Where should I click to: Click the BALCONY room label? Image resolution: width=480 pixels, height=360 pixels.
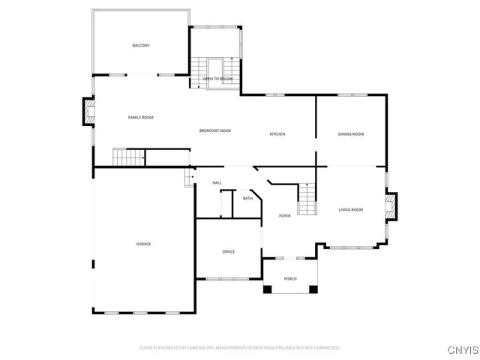point(141,46)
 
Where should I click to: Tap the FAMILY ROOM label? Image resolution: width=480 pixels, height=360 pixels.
point(140,118)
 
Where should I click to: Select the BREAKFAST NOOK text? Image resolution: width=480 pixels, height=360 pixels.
point(215,130)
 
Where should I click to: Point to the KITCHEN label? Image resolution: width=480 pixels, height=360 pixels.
point(277,134)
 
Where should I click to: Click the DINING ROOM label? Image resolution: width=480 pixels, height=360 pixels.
point(350,134)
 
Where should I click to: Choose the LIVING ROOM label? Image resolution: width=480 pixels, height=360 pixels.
point(350,210)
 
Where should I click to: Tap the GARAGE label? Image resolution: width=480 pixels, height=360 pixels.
point(143,244)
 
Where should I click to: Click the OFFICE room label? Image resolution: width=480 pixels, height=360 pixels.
point(228,252)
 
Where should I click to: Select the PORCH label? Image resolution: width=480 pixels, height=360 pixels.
point(290,279)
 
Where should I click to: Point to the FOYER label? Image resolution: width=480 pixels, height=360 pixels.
point(285,216)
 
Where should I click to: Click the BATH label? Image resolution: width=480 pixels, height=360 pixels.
point(247,199)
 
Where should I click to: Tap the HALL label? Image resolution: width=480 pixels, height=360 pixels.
point(217,183)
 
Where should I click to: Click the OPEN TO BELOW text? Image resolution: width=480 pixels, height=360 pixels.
point(217,79)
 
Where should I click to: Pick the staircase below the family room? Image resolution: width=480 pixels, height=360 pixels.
point(128,157)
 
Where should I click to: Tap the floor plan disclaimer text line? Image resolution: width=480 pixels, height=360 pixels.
point(240,348)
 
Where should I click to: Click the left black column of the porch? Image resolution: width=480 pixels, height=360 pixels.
point(268,289)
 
